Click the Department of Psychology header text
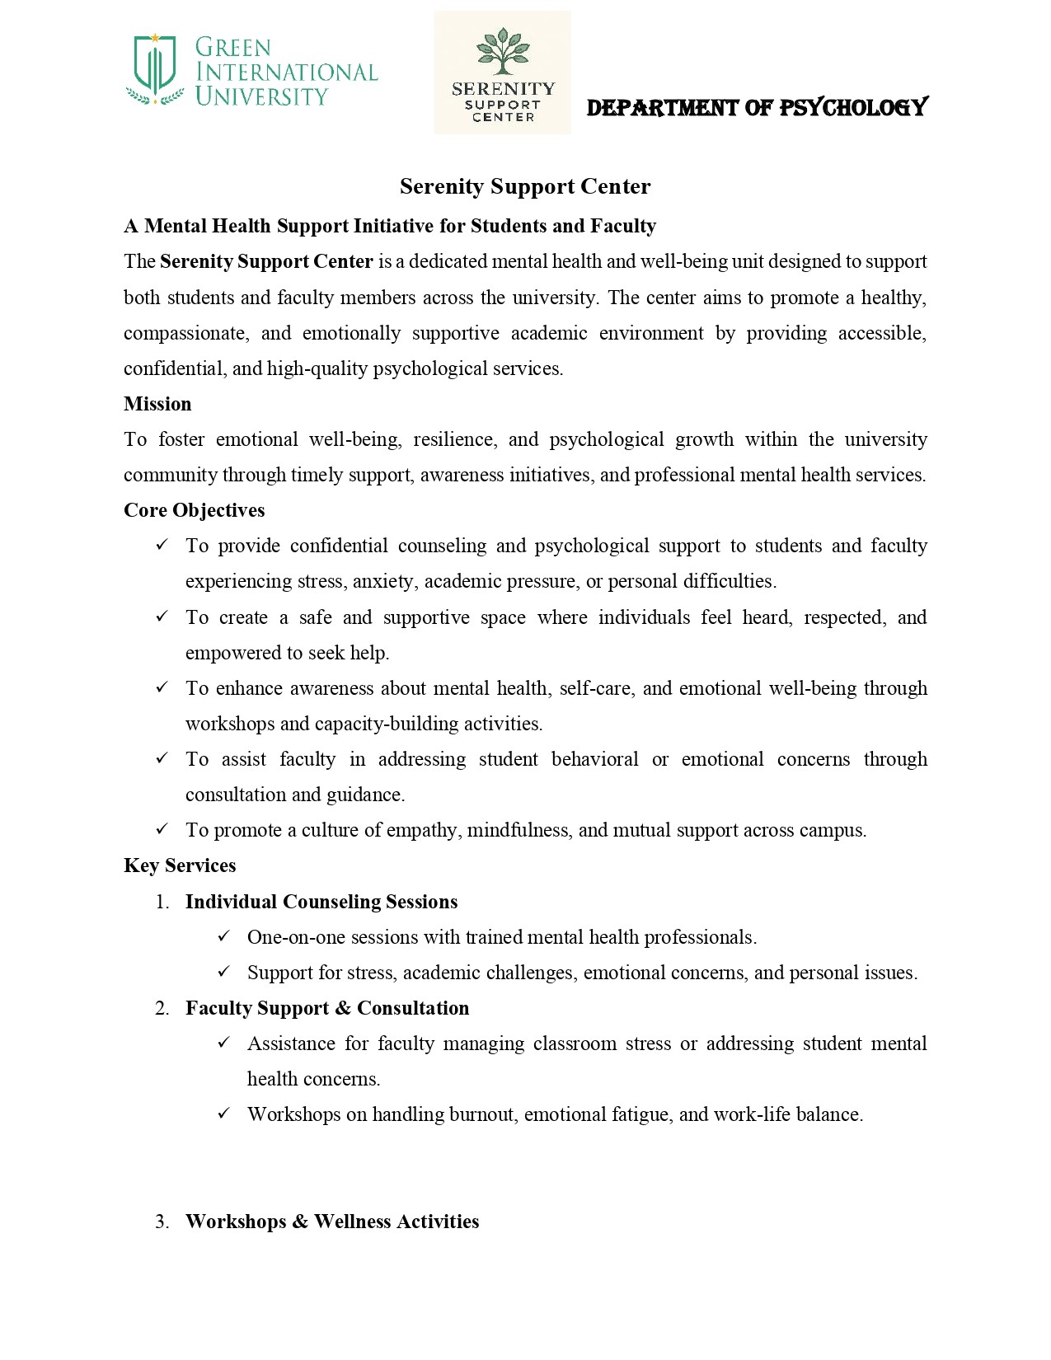click(x=757, y=108)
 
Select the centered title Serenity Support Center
click(x=525, y=186)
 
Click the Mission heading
click(x=157, y=404)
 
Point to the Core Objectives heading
click(x=195, y=510)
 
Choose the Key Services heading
click(x=180, y=865)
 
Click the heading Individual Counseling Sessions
click(x=321, y=902)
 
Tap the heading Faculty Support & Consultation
click(x=327, y=1008)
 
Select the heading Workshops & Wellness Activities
click(x=332, y=1222)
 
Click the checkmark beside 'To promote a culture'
click(x=162, y=829)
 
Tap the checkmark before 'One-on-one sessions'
click(x=224, y=936)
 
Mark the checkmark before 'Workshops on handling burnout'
click(x=224, y=1114)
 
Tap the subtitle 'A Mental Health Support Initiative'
click(x=390, y=227)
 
